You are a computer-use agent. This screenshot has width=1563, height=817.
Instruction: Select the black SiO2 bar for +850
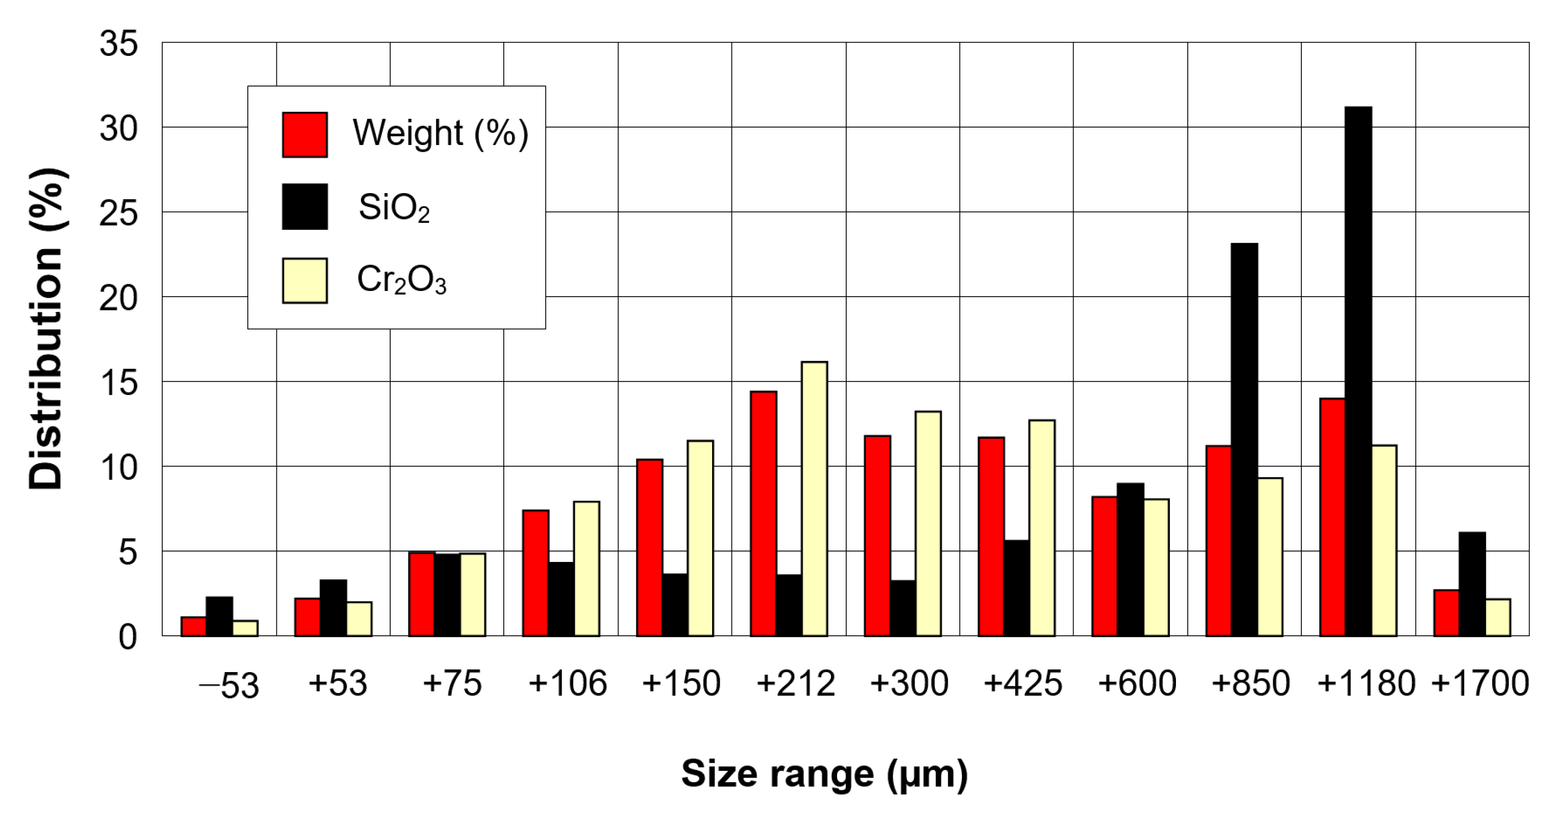pos(1244,439)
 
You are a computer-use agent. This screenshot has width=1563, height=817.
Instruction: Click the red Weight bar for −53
pos(194,626)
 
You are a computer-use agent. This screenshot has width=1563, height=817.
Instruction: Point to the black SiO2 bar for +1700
pos(1472,584)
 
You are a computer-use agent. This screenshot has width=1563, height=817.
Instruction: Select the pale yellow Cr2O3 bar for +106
pos(587,569)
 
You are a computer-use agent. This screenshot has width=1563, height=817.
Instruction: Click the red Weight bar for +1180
pos(1333,517)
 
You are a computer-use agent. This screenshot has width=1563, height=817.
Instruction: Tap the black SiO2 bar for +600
pos(1130,560)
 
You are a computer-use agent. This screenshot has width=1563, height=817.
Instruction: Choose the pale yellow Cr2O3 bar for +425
pos(1042,528)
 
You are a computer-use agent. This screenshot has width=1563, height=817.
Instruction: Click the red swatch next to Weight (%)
pos(305,135)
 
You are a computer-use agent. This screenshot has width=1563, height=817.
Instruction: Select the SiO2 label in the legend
pos(394,207)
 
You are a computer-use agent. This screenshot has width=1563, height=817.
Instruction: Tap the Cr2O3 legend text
pos(401,280)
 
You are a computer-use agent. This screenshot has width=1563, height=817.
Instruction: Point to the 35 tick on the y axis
pos(119,45)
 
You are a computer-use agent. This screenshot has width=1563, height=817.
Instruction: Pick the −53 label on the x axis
pos(228,686)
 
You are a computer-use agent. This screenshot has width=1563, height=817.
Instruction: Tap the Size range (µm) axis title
pos(823,774)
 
